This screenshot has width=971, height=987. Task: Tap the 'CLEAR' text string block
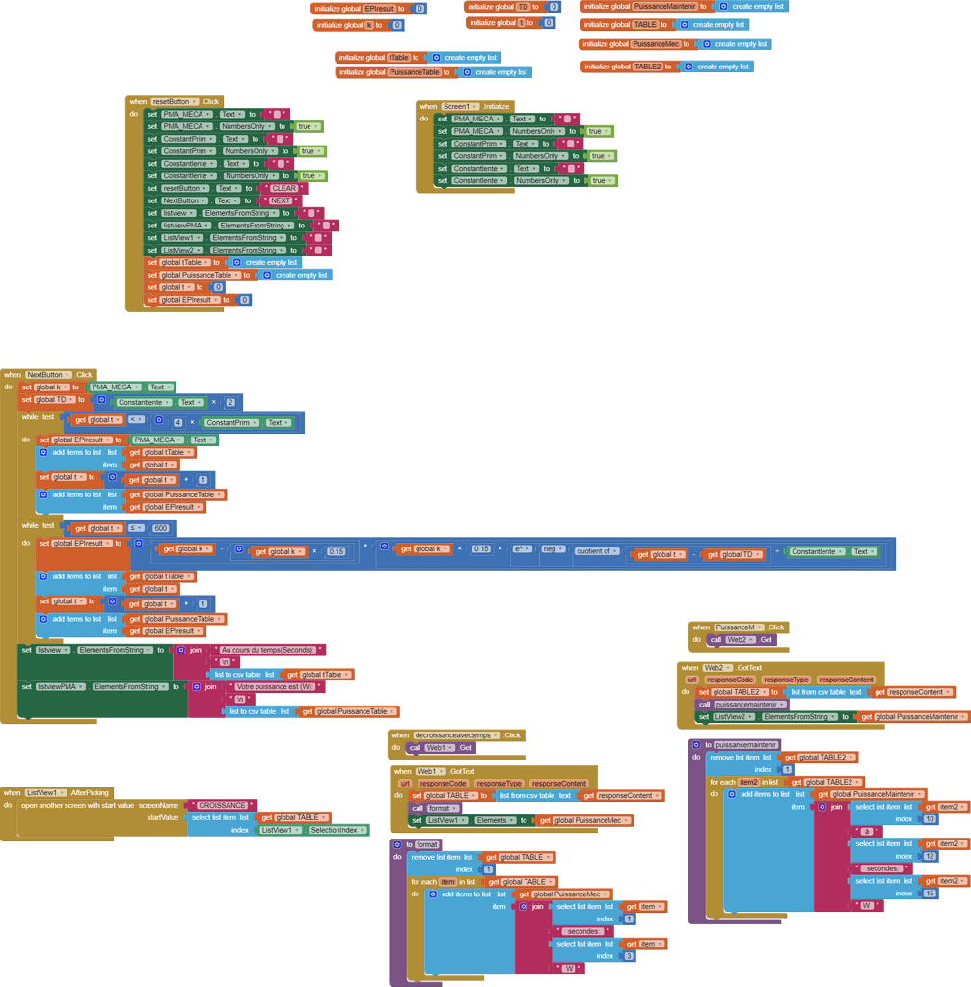click(x=283, y=189)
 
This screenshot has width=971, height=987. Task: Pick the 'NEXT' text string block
click(x=281, y=201)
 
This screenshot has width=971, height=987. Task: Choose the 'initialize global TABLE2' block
click(x=622, y=67)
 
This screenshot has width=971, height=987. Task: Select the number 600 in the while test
click(x=161, y=528)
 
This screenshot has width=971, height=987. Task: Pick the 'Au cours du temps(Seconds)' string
click(x=267, y=651)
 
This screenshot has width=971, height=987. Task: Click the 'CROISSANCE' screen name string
click(x=222, y=806)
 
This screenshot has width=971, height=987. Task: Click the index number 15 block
click(x=929, y=894)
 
